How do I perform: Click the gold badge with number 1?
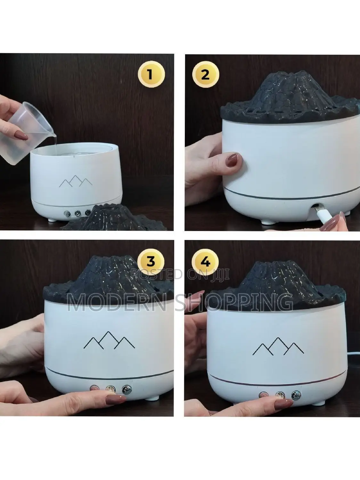click(151, 75)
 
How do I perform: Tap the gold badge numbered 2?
click(205, 75)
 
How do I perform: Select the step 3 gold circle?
click(151, 261)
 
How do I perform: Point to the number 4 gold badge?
click(205, 261)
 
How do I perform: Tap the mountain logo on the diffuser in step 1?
click(76, 181)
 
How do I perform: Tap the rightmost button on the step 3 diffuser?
click(127, 389)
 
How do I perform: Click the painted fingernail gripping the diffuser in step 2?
click(233, 158)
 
